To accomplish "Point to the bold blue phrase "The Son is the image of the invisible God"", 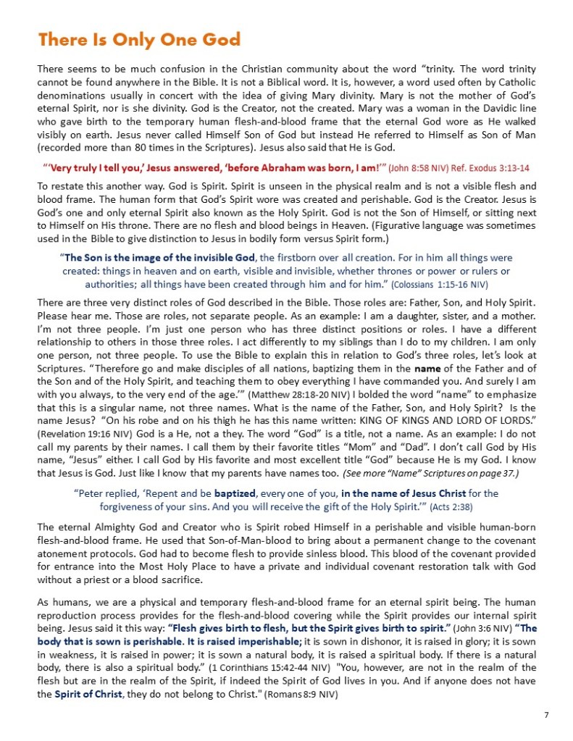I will click(x=159, y=257).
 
